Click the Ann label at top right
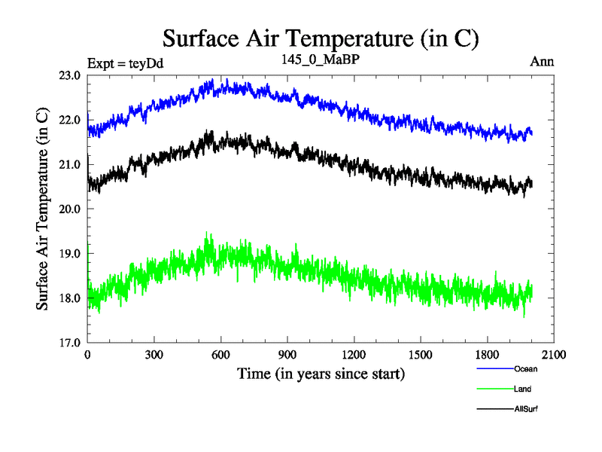(x=542, y=62)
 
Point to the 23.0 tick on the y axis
(x=71, y=75)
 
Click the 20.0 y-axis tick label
(x=71, y=209)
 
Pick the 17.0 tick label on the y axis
(x=71, y=343)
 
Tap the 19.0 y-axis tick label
(x=71, y=254)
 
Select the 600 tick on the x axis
(x=220, y=355)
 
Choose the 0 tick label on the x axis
(x=88, y=355)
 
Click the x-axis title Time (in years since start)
(x=321, y=373)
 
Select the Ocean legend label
(x=526, y=369)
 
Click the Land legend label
(x=523, y=389)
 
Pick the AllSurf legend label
(x=526, y=408)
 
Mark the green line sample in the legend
(x=494, y=389)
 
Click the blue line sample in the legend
(x=494, y=369)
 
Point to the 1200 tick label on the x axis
(x=354, y=355)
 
